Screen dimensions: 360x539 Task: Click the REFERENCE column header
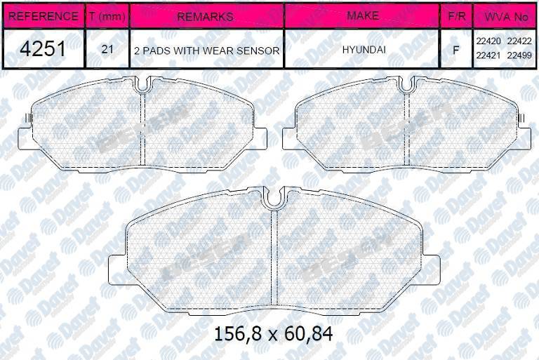tap(42, 15)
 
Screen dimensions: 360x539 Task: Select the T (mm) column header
tap(106, 15)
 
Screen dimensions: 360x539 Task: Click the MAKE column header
tap(362, 15)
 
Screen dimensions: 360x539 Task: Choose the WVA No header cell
tap(505, 15)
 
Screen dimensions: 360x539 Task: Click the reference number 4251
tap(42, 50)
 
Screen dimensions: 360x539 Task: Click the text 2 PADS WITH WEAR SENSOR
tap(206, 51)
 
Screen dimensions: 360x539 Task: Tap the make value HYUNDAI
tap(362, 51)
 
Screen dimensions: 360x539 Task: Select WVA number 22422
tap(520, 43)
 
